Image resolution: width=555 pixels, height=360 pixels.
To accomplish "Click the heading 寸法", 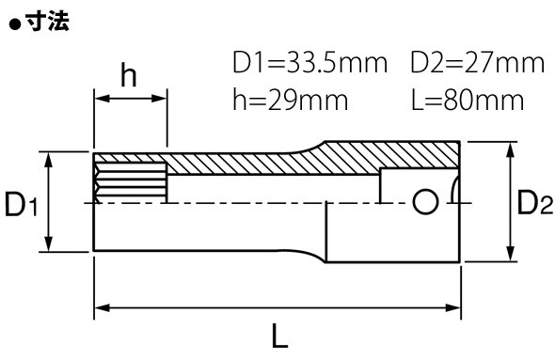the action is click(48, 22).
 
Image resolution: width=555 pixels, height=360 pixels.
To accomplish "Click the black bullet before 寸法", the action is click(15, 25).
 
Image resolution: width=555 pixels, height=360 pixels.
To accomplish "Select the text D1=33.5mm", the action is click(310, 63).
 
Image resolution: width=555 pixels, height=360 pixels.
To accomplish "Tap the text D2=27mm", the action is click(478, 63).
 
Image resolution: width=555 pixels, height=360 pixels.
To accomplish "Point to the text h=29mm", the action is click(291, 100).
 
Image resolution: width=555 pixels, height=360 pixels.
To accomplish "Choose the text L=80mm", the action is click(468, 100).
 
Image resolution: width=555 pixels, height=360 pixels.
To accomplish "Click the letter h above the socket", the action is click(129, 75).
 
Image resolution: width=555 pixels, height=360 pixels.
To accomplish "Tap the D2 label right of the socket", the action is click(535, 202).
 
